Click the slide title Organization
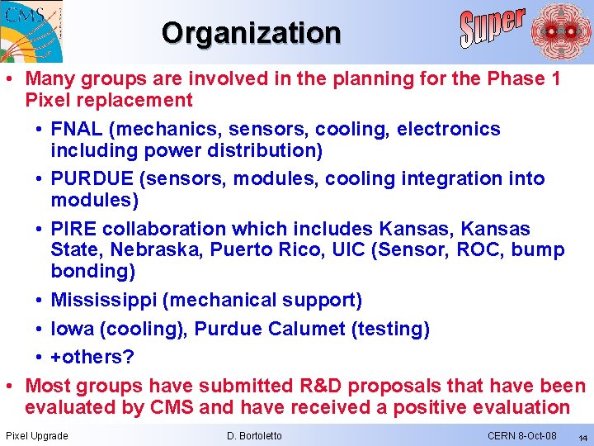[251, 33]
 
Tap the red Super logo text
[492, 27]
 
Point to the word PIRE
[73, 229]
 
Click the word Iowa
[72, 329]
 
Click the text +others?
[92, 358]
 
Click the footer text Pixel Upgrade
[37, 435]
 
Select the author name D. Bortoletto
[253, 435]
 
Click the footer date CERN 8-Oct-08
[521, 435]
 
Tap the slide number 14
[582, 437]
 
